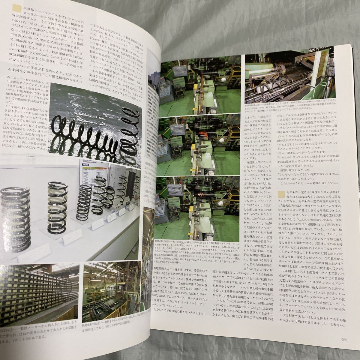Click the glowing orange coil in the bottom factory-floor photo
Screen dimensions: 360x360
[199, 195]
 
